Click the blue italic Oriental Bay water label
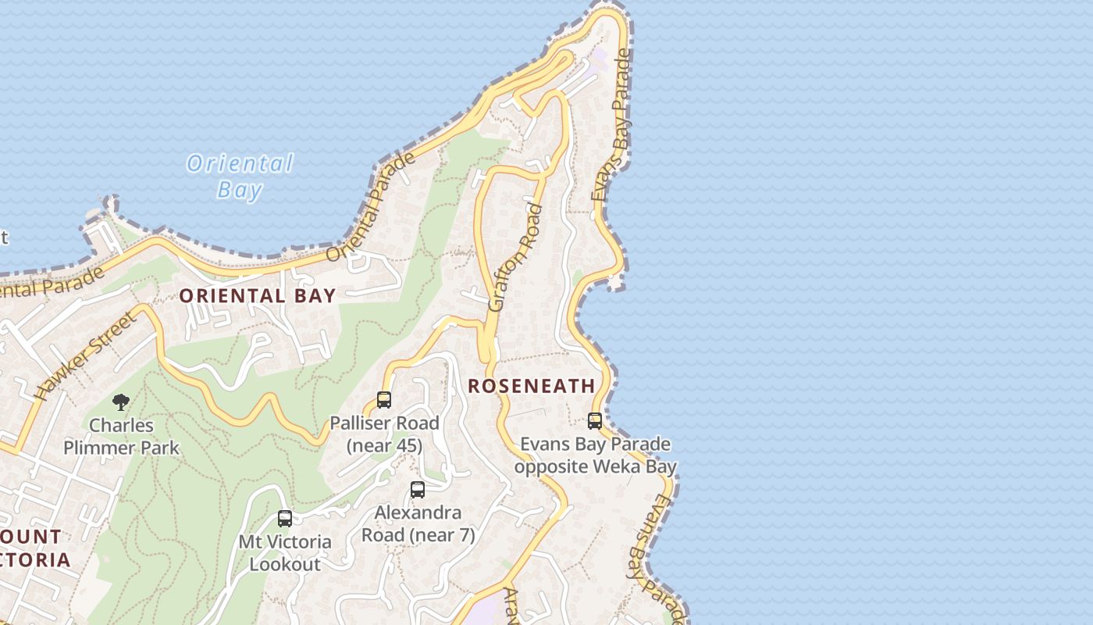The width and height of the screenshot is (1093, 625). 240,176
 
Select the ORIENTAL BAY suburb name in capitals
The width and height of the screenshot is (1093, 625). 257,296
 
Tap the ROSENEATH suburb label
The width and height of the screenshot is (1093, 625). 532,386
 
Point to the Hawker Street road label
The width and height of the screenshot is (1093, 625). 87,355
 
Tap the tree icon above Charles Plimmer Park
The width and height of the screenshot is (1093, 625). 121,402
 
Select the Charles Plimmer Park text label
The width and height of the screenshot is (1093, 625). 121,437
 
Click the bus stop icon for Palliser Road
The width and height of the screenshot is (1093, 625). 384,400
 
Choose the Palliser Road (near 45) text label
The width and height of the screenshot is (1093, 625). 384,434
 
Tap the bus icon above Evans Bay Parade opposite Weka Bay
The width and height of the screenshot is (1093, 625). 595,421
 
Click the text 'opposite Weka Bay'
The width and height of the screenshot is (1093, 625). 595,467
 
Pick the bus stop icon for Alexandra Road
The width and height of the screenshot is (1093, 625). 418,490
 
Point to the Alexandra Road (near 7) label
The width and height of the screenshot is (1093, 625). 418,524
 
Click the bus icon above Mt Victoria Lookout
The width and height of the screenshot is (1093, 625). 285,518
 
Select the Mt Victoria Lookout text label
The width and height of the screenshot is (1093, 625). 285,552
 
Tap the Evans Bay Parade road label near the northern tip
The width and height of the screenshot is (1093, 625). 611,125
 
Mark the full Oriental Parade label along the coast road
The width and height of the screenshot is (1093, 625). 370,208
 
